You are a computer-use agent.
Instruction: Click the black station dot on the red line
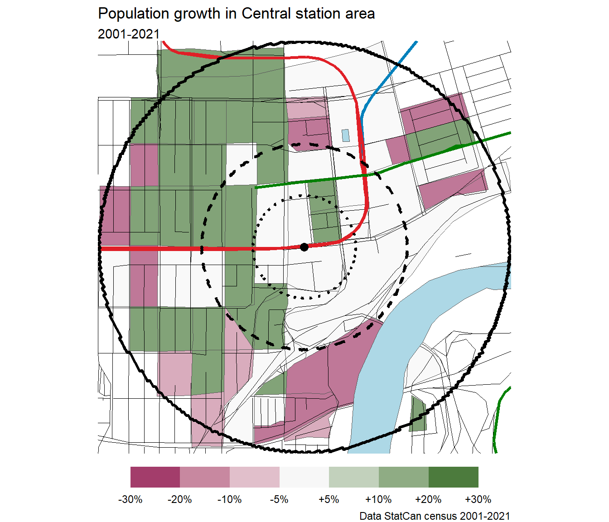[304, 247]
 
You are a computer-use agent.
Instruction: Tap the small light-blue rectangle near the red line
[346, 135]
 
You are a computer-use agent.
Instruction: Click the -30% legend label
[130, 499]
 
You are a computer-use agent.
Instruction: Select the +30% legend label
[478, 499]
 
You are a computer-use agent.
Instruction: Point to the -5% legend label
[279, 499]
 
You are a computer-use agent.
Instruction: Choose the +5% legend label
[329, 499]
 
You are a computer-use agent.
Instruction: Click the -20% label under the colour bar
[180, 499]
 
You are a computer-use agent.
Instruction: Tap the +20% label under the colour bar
[428, 499]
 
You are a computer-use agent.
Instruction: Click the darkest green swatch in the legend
[453, 477]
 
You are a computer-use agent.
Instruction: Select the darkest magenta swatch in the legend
[155, 477]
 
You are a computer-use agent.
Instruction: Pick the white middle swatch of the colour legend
[304, 477]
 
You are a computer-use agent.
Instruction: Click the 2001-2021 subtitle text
[129, 34]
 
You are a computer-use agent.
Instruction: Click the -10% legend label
[230, 499]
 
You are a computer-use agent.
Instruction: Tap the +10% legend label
[378, 499]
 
